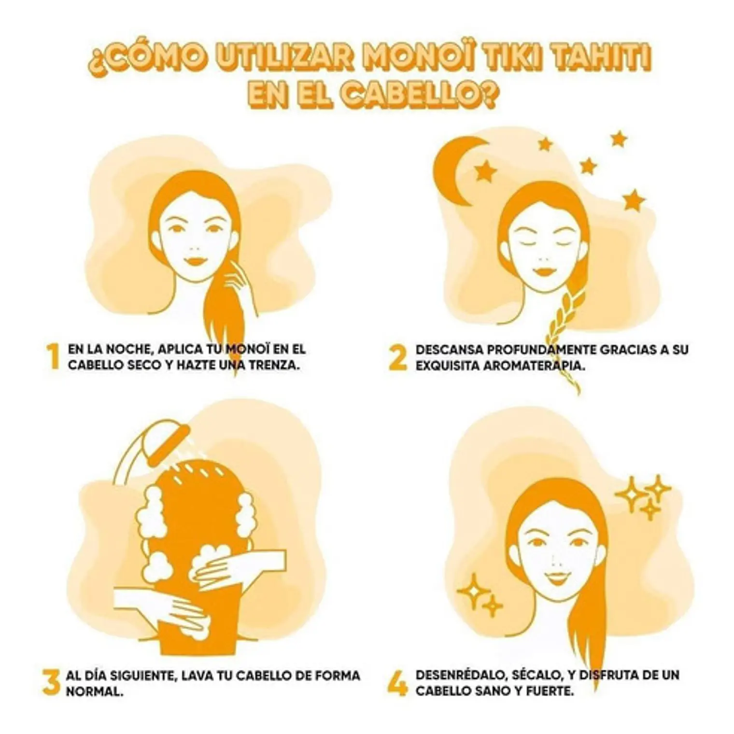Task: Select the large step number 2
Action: point(398,357)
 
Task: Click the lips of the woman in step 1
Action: point(195,261)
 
